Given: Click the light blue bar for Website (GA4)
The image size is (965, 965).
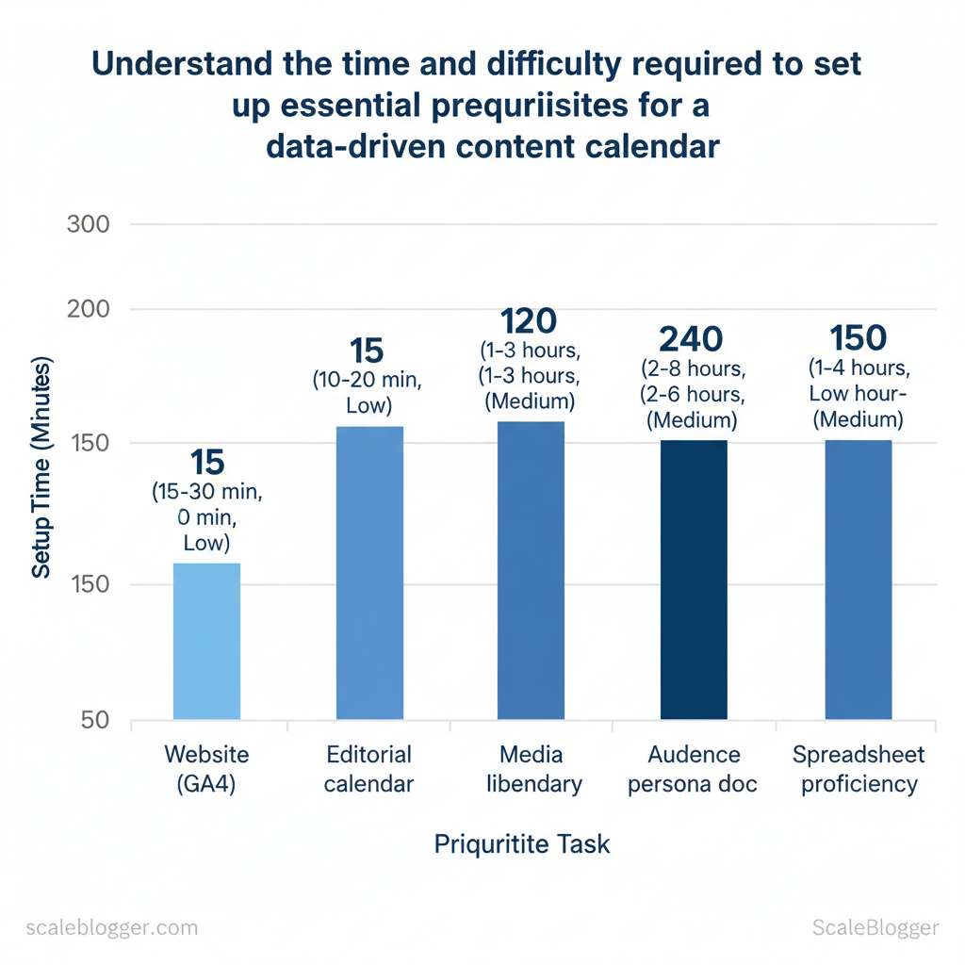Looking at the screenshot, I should tap(206, 641).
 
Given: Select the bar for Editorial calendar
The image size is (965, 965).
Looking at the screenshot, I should tap(369, 573).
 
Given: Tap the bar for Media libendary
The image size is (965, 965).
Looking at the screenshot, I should tap(531, 570).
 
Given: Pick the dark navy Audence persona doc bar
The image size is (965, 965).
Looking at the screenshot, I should tap(694, 580).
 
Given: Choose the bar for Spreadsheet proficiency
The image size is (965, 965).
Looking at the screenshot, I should tap(858, 580).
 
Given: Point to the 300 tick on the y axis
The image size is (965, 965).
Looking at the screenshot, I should tap(89, 224).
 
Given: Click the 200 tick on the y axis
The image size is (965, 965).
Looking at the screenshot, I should tap(89, 309).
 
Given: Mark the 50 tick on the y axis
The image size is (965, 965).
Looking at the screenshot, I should tap(93, 721).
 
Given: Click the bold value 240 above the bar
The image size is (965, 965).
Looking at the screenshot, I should tap(691, 339).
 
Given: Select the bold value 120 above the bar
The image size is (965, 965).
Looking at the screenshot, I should tap(529, 322).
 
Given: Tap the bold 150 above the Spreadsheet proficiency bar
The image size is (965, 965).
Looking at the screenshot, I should tap(858, 338).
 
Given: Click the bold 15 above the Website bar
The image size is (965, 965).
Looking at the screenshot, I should tap(206, 463).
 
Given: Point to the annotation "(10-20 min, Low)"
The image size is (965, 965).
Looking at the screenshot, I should tap(367, 393).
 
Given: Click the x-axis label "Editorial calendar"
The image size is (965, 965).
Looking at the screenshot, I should tap(368, 769).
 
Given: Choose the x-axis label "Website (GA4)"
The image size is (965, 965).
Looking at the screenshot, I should tap(206, 769).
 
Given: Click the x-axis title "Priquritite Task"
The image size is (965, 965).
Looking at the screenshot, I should tap(521, 843).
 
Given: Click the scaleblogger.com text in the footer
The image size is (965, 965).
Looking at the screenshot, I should tap(111, 927).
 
